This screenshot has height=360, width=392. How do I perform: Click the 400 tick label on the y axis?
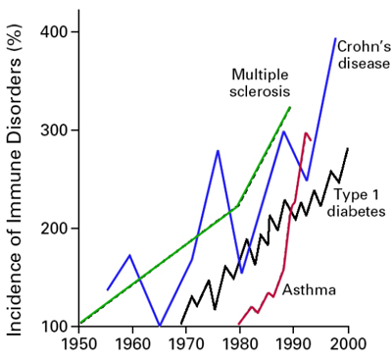click(54, 32)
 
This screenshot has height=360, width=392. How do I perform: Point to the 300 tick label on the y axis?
click(54, 130)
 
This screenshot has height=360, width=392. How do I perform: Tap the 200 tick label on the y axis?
click(54, 229)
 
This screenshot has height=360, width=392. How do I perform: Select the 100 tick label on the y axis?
click(54, 326)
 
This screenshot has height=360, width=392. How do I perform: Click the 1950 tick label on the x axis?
click(80, 344)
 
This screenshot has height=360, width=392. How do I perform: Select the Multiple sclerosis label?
click(261, 83)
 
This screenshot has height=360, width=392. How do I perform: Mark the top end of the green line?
click(291, 106)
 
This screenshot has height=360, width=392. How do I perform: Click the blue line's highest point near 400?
click(335, 39)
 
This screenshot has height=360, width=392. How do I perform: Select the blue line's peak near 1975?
click(218, 150)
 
